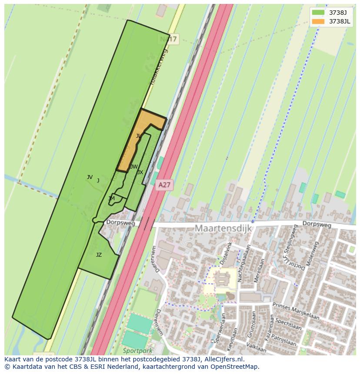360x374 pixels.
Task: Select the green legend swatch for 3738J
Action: click(x=318, y=13)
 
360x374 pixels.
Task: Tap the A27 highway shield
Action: click(x=164, y=185)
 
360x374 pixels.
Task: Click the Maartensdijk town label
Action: click(x=223, y=228)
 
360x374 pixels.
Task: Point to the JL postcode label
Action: click(x=138, y=136)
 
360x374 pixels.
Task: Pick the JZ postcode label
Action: click(x=99, y=255)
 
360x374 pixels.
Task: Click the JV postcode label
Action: click(x=90, y=177)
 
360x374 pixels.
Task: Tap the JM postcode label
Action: click(x=112, y=199)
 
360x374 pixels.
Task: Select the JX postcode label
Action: click(x=140, y=172)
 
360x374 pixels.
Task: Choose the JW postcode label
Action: click(x=134, y=167)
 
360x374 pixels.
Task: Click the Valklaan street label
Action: click(x=256, y=347)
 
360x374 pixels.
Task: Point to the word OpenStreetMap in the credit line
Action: click(x=235, y=367)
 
